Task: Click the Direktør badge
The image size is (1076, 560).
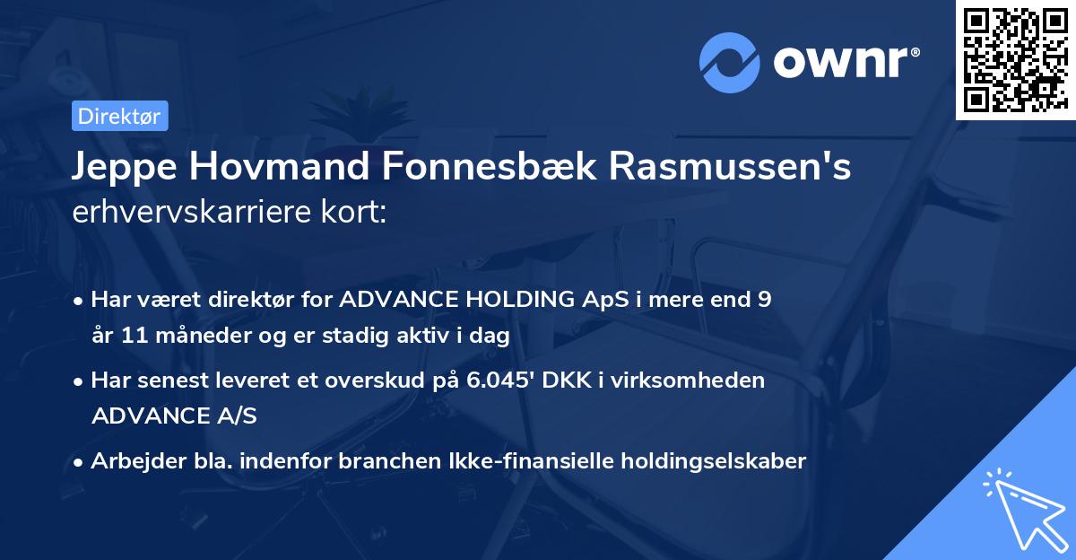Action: point(118,116)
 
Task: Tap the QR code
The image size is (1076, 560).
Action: point(1014,59)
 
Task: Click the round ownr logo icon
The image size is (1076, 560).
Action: point(729,63)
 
